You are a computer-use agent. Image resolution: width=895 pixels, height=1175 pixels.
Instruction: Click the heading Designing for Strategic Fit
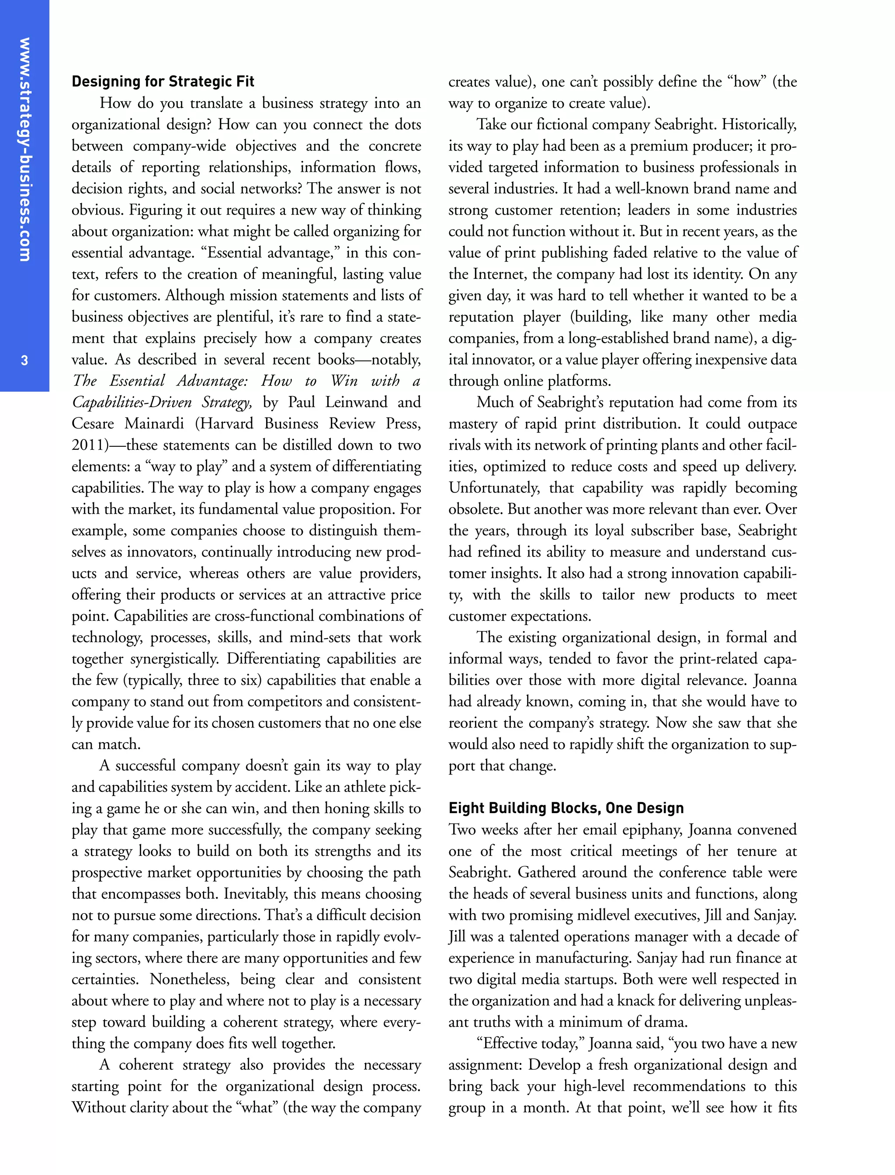pos(163,82)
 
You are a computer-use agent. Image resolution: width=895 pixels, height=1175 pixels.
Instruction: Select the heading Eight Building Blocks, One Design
pos(566,808)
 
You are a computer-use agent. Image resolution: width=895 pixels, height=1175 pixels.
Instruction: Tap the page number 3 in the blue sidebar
pos(24,360)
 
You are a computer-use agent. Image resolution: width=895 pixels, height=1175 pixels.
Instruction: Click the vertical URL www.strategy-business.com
pos(24,149)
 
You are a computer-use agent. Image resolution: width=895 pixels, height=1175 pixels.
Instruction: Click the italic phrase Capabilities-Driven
pos(132,402)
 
